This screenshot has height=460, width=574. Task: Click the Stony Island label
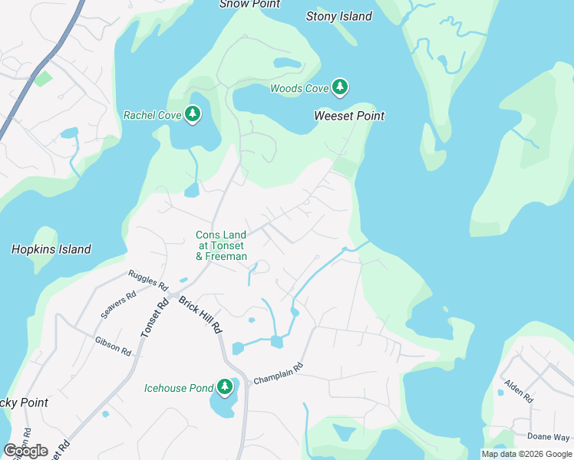point(338,16)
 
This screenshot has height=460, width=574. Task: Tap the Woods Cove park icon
point(340,87)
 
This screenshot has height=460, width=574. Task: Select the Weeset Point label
point(349,116)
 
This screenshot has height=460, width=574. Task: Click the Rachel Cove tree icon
point(193,115)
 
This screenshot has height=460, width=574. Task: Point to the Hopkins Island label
point(51,249)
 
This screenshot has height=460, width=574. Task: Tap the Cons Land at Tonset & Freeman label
point(221,245)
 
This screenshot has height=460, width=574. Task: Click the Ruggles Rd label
point(147,278)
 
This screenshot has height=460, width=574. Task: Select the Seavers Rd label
point(118,304)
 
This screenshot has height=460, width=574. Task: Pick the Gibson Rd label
point(113,346)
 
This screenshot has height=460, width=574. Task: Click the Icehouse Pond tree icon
point(225,387)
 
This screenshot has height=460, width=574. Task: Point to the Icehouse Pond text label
point(179,388)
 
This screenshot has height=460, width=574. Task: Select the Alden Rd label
point(519,390)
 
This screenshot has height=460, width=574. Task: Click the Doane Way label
point(548,436)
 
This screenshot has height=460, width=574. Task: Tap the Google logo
point(25,451)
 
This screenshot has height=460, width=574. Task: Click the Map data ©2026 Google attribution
point(526,454)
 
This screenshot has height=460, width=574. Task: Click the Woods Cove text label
point(299,89)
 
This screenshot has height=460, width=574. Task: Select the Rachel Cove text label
point(153,116)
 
